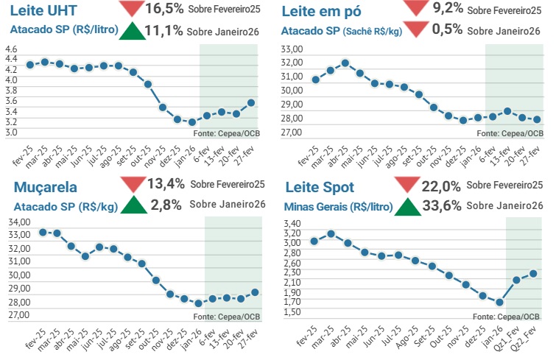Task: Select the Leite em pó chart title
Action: coord(323,12)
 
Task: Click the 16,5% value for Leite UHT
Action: coord(166,9)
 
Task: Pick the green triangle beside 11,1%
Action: coord(132,31)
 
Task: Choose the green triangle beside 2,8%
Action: coord(132,205)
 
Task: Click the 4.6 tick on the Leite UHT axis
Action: coord(11,49)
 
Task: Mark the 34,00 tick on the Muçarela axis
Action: coord(18,222)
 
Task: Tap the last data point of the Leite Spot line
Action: coord(533,273)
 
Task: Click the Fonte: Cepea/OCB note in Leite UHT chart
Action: coord(227,133)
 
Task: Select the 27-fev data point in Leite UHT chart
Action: coord(251,103)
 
